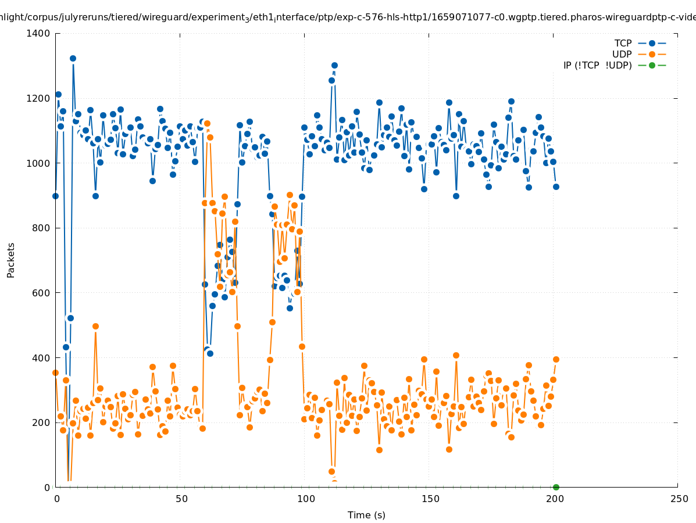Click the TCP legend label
(x=623, y=43)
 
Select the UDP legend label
(x=622, y=54)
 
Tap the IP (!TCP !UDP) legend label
(x=597, y=65)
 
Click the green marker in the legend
(x=652, y=65)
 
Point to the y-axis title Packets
(x=11, y=260)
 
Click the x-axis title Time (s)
(x=366, y=515)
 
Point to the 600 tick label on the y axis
(x=41, y=293)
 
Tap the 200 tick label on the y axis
(x=41, y=422)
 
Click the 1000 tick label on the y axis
(x=38, y=163)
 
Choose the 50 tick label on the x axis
(x=181, y=499)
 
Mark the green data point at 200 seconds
(x=556, y=487)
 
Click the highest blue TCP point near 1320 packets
(x=73, y=58)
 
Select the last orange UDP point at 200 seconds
(x=556, y=359)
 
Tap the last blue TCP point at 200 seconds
(x=556, y=187)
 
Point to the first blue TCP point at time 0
(x=55, y=196)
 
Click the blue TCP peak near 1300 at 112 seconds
(x=334, y=65)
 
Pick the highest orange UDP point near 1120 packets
(x=207, y=123)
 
